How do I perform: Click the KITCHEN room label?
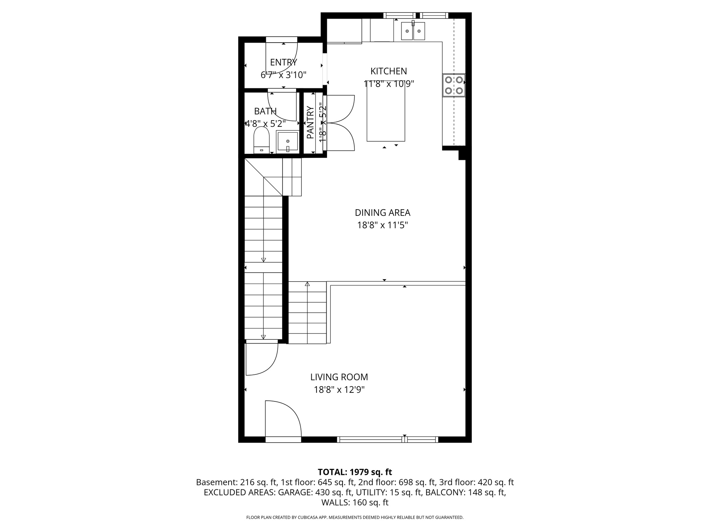tap(388, 71)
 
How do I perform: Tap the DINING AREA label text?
tap(382, 213)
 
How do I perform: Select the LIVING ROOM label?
tap(339, 377)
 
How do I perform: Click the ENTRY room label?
tap(283, 62)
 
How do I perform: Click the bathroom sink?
tap(287, 142)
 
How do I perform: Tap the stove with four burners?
tap(453, 85)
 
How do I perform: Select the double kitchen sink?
tap(413, 31)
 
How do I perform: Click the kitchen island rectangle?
tap(386, 114)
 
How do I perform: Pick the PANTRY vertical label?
tap(310, 122)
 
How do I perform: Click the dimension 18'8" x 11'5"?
tap(382, 225)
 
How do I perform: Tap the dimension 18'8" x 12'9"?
tap(339, 390)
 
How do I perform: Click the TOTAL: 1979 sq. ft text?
tap(355, 472)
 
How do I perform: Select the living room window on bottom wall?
tap(387, 440)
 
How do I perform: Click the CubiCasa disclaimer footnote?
tap(355, 517)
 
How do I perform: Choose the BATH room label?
tap(265, 111)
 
